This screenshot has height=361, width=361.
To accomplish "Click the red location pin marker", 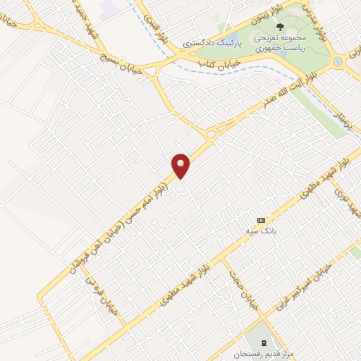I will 182,165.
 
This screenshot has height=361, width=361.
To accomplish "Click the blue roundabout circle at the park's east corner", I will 336,62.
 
